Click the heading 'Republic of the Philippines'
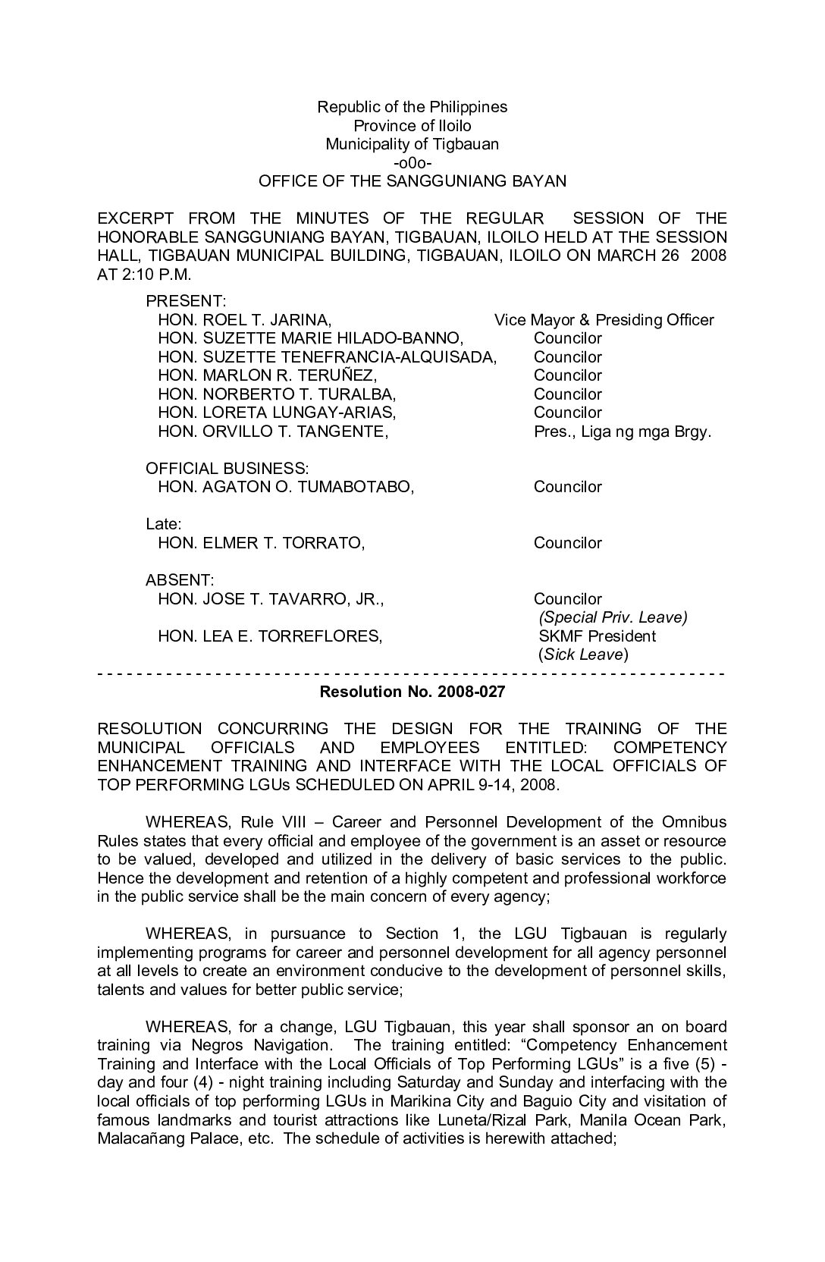(x=412, y=107)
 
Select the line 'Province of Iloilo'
(x=412, y=126)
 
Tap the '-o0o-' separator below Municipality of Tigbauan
(x=412, y=163)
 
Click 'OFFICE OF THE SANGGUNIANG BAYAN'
(x=412, y=181)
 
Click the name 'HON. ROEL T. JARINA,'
(x=244, y=320)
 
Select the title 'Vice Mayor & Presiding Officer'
(x=604, y=320)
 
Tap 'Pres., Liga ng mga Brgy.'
(x=622, y=432)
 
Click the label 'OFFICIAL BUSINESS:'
(x=227, y=469)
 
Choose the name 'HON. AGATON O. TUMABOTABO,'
(x=286, y=487)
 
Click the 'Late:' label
(x=163, y=524)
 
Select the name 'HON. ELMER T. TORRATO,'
(x=261, y=543)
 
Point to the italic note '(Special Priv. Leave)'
(x=612, y=617)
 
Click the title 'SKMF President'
(x=597, y=636)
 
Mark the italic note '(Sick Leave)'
(x=583, y=655)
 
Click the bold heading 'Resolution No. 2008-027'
(x=412, y=692)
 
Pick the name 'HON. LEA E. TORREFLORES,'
(x=270, y=636)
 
